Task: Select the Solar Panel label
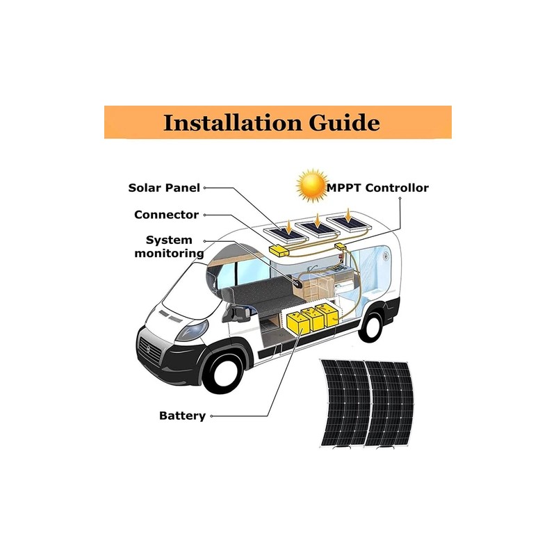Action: (x=164, y=188)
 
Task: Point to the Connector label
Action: (x=166, y=215)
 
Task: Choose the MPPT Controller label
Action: (x=378, y=188)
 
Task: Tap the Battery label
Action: (x=182, y=416)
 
